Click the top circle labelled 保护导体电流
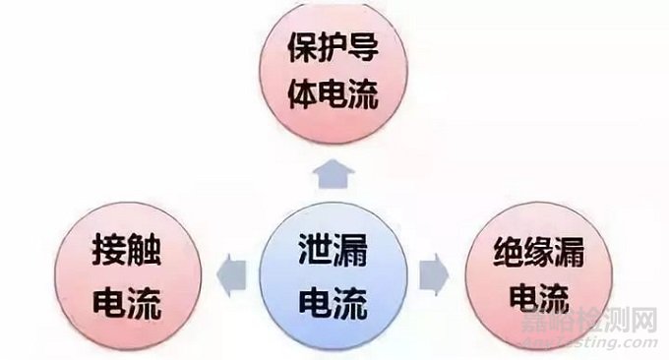(x=335, y=75)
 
